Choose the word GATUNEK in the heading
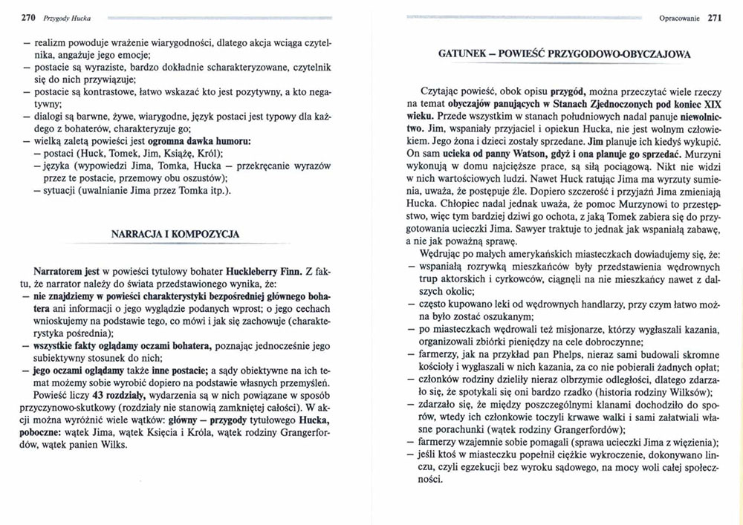pos(463,54)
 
